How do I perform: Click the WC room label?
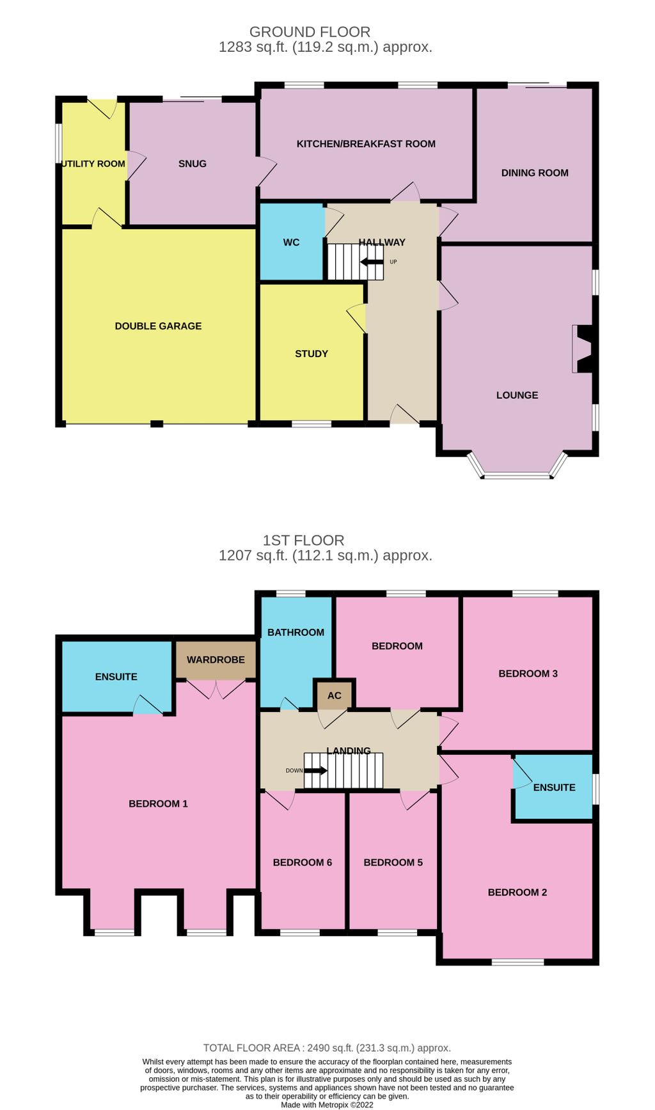click(x=291, y=242)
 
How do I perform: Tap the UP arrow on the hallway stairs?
click(x=372, y=262)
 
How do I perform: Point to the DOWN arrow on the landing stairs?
click(x=315, y=770)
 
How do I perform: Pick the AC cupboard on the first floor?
click(x=335, y=695)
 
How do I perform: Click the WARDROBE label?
click(x=216, y=660)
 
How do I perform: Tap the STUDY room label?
click(x=312, y=354)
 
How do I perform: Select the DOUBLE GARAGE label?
click(x=158, y=326)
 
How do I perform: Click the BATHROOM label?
click(x=296, y=632)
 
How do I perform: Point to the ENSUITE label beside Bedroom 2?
click(x=554, y=788)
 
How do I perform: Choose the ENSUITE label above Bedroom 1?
click(x=116, y=677)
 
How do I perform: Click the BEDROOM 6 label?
click(x=302, y=862)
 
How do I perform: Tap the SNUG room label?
click(x=193, y=164)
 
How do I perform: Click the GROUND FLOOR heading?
click(x=310, y=31)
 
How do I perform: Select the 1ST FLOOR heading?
click(x=303, y=540)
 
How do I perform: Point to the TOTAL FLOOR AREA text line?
click(x=327, y=1048)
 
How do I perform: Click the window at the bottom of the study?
click(x=312, y=424)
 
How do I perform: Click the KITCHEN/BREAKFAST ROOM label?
click(x=366, y=144)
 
